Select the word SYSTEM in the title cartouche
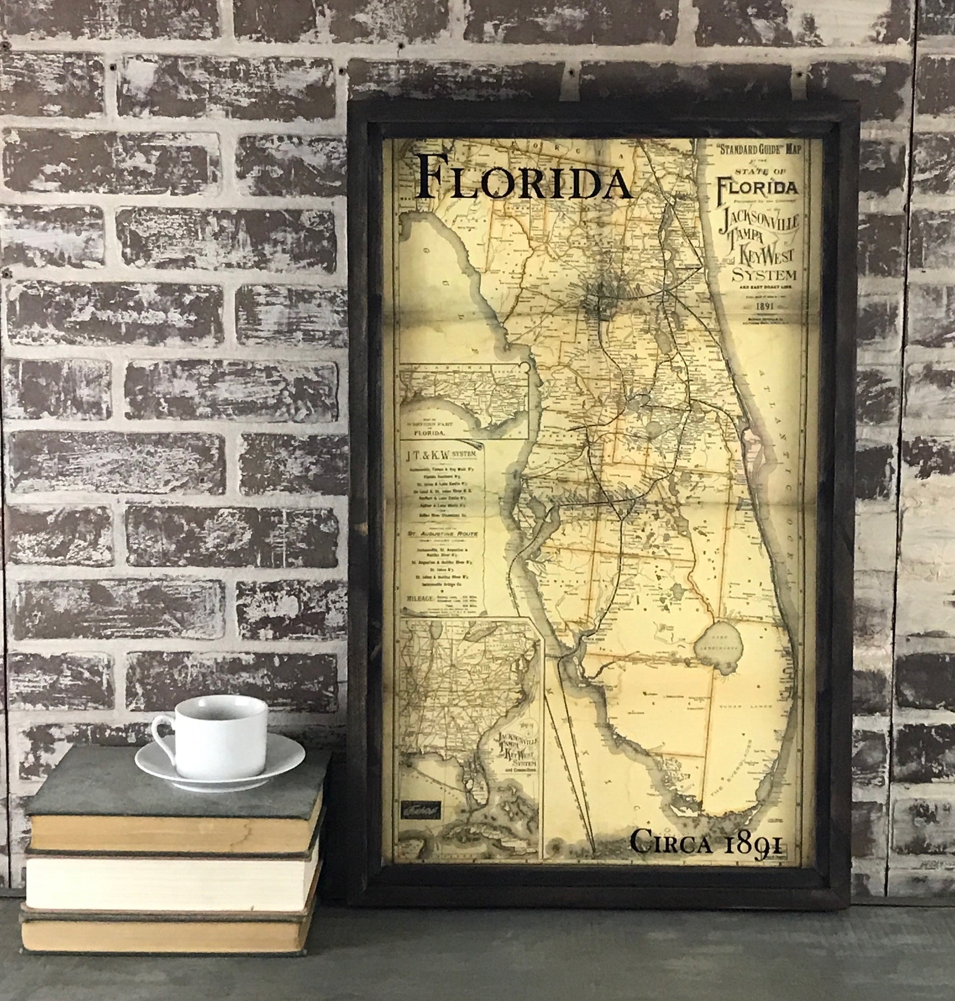(x=764, y=276)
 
